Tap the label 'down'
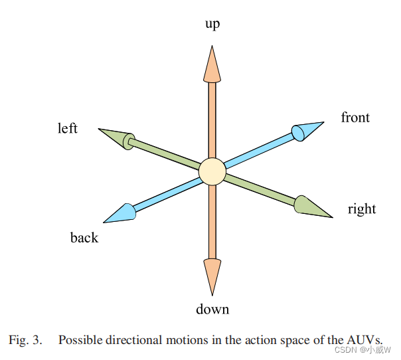tap(212, 309)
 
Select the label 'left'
tap(68, 128)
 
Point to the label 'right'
tap(361, 209)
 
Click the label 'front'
tap(355, 118)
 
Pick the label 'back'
tap(84, 237)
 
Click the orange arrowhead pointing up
tap(212, 64)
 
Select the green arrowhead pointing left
tap(114, 137)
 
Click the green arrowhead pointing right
tap(310, 207)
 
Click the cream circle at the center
tap(212, 171)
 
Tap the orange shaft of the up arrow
tap(212, 120)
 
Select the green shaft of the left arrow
tap(166, 154)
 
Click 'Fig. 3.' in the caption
tap(25, 339)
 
